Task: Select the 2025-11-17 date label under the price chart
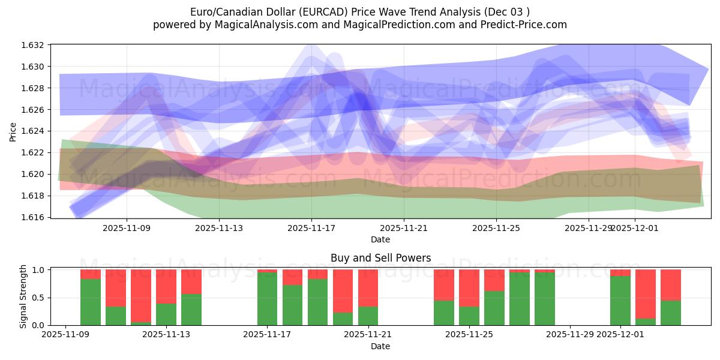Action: (x=311, y=228)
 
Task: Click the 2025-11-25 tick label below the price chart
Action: (x=496, y=228)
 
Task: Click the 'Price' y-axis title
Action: (x=13, y=131)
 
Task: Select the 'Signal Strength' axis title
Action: (x=23, y=296)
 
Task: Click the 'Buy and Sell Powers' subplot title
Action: (x=380, y=259)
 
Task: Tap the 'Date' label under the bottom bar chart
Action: (x=380, y=346)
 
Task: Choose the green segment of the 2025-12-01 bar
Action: (x=620, y=301)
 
